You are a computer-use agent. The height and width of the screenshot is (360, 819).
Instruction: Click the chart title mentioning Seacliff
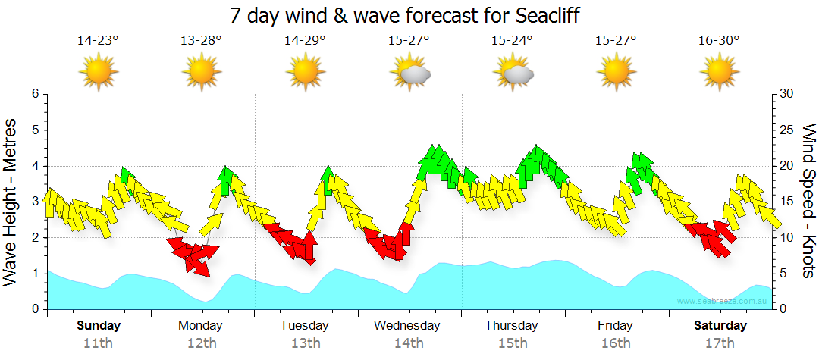click(409, 14)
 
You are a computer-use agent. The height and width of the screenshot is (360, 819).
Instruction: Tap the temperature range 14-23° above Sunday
click(98, 40)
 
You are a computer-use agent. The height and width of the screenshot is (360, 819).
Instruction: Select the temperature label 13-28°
click(201, 40)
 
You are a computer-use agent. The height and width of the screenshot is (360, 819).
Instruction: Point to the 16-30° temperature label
click(720, 40)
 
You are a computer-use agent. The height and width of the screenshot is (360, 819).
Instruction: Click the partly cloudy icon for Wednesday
click(409, 73)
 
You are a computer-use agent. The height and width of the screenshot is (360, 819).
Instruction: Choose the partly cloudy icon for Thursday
click(513, 73)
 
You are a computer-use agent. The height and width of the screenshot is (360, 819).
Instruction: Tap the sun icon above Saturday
click(720, 73)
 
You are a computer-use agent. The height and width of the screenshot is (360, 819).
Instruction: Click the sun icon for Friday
click(616, 73)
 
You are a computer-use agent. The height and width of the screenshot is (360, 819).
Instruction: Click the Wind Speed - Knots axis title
click(807, 201)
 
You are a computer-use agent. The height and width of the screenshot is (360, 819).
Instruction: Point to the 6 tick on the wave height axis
click(35, 94)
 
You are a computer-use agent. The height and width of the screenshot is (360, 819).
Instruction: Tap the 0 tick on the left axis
click(35, 309)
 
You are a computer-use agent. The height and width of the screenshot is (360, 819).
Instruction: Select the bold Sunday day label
click(99, 326)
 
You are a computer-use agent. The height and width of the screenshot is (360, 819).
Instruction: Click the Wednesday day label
click(408, 326)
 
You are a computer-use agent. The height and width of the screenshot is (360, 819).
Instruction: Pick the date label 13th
click(305, 343)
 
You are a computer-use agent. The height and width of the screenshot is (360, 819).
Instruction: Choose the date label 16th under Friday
click(616, 343)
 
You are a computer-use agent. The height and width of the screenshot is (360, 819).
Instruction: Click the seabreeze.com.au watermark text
click(723, 301)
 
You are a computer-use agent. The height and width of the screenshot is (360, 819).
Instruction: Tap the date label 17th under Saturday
click(720, 343)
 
